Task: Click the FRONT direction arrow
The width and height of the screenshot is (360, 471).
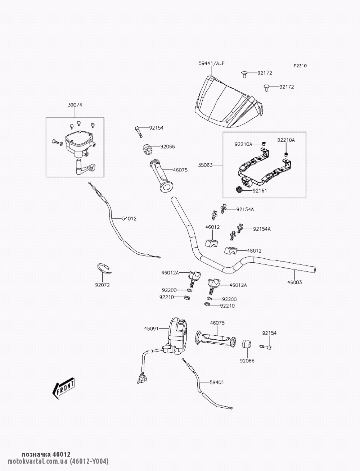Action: coord(63,389)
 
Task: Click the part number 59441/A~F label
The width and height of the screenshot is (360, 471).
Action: coord(211,64)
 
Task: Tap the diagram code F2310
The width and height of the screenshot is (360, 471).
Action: coord(300,66)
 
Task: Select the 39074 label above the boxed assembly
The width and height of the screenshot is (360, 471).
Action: coord(75,105)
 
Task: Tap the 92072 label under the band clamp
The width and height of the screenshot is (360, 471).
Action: coord(102,285)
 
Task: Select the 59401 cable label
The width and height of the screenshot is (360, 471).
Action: coord(217,382)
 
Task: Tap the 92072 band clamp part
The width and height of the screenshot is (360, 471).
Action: coord(104,268)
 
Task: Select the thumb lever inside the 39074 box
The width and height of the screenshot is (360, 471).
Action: coord(85,168)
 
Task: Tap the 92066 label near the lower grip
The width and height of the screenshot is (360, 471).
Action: coord(247,361)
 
